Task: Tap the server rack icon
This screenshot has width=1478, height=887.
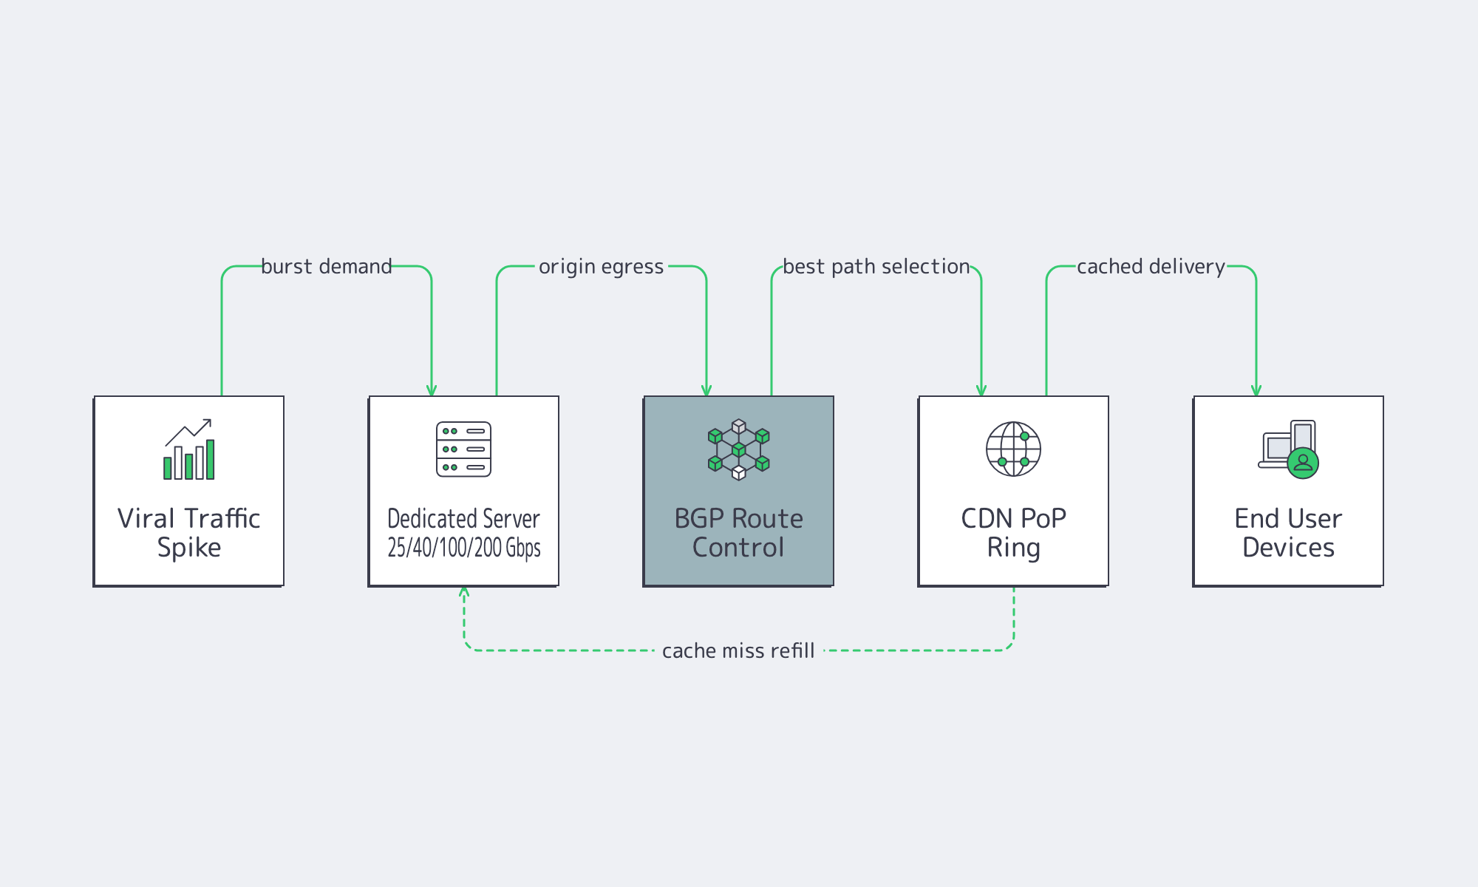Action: (463, 449)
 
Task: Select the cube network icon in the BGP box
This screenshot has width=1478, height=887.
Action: (738, 449)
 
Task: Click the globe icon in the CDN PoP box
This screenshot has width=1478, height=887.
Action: (1013, 449)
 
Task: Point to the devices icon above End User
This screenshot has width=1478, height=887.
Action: (1288, 449)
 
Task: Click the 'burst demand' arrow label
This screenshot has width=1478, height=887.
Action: (327, 266)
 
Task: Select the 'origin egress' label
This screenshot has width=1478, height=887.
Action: (601, 266)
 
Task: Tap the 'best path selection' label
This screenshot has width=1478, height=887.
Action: (876, 266)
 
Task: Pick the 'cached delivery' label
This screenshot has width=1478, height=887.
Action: (1151, 266)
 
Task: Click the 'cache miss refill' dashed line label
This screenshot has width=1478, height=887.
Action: (738, 650)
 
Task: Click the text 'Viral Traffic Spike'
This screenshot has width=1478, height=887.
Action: (189, 532)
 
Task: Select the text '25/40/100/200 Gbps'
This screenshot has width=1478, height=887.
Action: (463, 548)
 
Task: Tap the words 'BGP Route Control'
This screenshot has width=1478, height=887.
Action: (738, 532)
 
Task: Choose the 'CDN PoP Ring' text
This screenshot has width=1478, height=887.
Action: (1013, 532)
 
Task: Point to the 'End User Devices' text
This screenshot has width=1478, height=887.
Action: (1288, 532)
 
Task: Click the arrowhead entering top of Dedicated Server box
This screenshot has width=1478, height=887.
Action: (432, 391)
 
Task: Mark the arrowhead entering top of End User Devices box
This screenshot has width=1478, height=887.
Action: (1256, 391)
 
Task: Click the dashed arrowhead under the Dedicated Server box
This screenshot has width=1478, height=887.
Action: (464, 591)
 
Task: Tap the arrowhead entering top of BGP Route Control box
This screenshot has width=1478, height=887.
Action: (706, 391)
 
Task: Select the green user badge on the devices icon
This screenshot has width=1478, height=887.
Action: (1303, 463)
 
